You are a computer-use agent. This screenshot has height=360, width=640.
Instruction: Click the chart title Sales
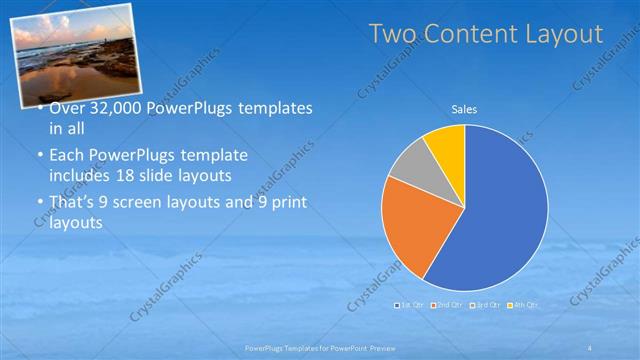[464, 108]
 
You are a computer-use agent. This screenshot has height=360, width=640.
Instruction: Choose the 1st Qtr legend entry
[411, 303]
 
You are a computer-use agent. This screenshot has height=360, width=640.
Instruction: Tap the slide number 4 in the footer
[589, 348]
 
